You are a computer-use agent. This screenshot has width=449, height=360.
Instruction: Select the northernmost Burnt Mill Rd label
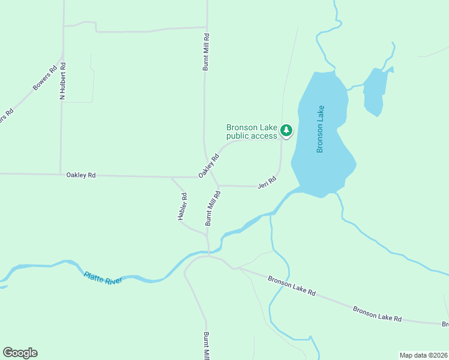(x=205, y=55)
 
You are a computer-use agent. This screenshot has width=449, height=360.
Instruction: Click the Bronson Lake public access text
(x=252, y=131)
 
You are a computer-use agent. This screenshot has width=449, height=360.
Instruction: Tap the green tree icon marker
(x=286, y=130)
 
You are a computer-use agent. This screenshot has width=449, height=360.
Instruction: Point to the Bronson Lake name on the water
(x=321, y=129)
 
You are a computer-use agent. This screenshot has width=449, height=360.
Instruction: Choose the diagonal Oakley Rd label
(x=209, y=165)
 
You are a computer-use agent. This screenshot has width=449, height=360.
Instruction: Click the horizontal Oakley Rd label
(x=81, y=175)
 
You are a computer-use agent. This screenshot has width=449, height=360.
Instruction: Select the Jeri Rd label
(x=267, y=182)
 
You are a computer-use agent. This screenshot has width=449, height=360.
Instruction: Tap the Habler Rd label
(x=182, y=206)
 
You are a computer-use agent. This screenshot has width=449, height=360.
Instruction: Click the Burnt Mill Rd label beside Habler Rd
(x=213, y=208)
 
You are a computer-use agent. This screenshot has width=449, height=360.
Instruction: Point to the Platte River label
(x=103, y=278)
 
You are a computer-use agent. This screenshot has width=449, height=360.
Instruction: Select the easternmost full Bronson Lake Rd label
(x=377, y=314)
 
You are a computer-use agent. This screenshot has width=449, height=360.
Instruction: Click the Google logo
(x=20, y=353)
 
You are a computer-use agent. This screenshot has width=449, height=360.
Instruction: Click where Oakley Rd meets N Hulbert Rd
(x=61, y=175)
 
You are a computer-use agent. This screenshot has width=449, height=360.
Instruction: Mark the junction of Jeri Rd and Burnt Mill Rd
(x=218, y=185)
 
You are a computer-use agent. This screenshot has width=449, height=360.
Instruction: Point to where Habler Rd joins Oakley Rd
(x=172, y=178)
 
